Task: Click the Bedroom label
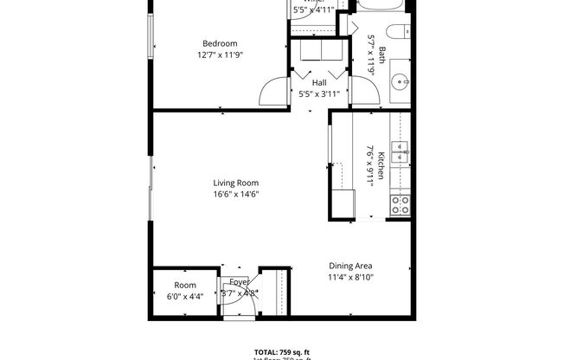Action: (x=220, y=43)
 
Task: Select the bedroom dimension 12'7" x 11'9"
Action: (x=220, y=55)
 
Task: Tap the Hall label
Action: (x=318, y=82)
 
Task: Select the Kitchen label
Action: (x=378, y=158)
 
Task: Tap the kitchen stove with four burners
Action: (x=401, y=204)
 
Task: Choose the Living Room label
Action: (x=236, y=183)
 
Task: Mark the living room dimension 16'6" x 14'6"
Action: (x=236, y=194)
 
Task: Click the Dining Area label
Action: (x=350, y=267)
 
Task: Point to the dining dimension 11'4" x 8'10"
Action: (x=350, y=278)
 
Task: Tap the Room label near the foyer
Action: (x=185, y=285)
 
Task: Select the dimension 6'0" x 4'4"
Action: (x=185, y=296)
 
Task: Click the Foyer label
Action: (x=240, y=283)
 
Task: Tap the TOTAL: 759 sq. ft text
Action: (x=281, y=352)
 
